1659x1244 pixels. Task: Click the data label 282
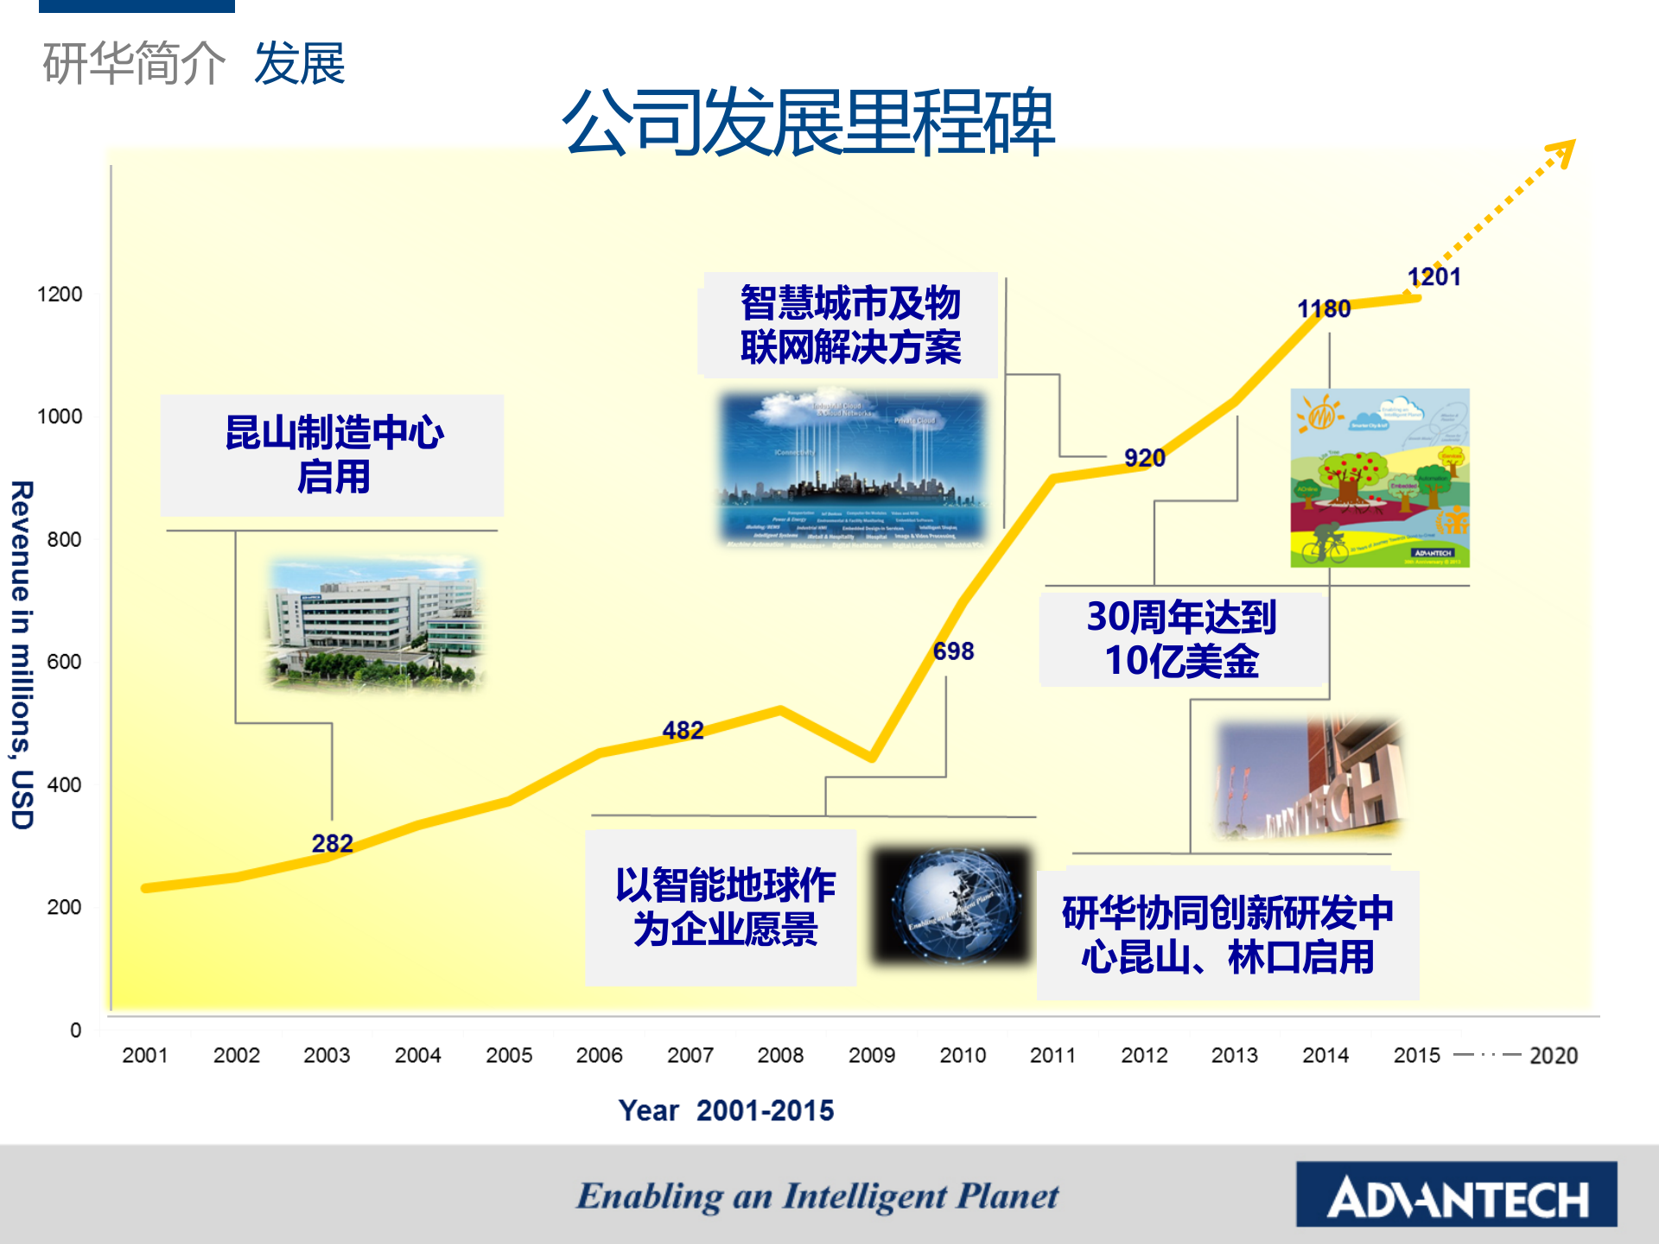pos(332,843)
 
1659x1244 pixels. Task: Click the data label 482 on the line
pos(683,731)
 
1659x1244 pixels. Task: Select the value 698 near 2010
pos(953,651)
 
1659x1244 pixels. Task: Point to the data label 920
pos(1144,459)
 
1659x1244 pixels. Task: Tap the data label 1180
pos(1324,309)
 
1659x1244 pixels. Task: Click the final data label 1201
pos(1433,277)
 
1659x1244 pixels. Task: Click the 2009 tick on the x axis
pos(871,1055)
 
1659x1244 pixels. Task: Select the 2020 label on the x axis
pos(1553,1056)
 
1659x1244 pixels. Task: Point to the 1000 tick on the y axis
pos(60,416)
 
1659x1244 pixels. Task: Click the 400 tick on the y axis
pos(64,785)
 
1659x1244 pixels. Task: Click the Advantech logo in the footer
pos(1456,1195)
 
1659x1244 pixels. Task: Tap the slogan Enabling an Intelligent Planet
pos(817,1196)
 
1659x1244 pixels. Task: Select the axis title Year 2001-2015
pos(726,1110)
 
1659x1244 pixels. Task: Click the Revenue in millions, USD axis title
pos(22,654)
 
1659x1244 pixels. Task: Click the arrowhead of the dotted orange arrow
pos(1563,153)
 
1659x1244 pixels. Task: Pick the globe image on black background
pos(952,904)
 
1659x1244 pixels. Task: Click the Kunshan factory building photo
pos(375,624)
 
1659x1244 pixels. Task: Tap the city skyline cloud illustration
pos(853,470)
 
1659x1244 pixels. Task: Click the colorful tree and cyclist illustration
pos(1379,478)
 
